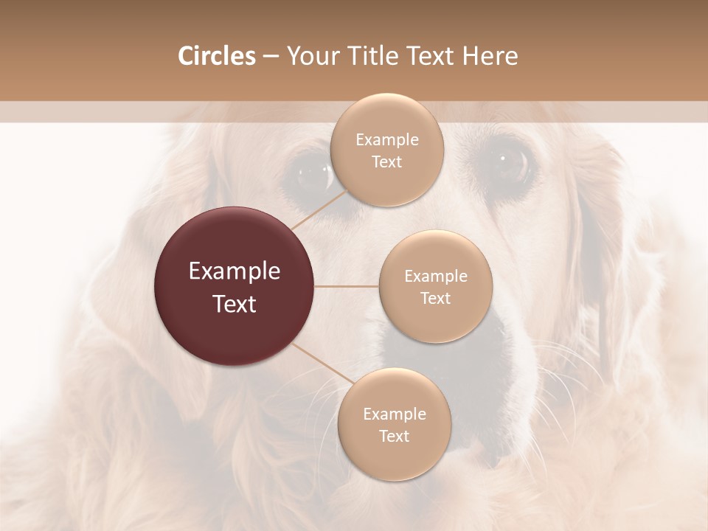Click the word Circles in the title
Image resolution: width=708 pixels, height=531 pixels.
216,56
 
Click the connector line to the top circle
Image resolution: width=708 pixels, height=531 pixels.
319,209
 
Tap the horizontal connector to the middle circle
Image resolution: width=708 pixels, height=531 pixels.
347,286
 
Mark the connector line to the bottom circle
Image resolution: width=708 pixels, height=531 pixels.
317,363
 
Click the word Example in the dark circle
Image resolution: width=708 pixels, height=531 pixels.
235,271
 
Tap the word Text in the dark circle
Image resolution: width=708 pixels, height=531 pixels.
235,304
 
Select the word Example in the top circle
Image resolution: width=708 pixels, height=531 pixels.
386,140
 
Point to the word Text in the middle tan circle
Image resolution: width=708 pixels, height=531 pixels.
435,298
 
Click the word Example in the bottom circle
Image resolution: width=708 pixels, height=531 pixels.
394,414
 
